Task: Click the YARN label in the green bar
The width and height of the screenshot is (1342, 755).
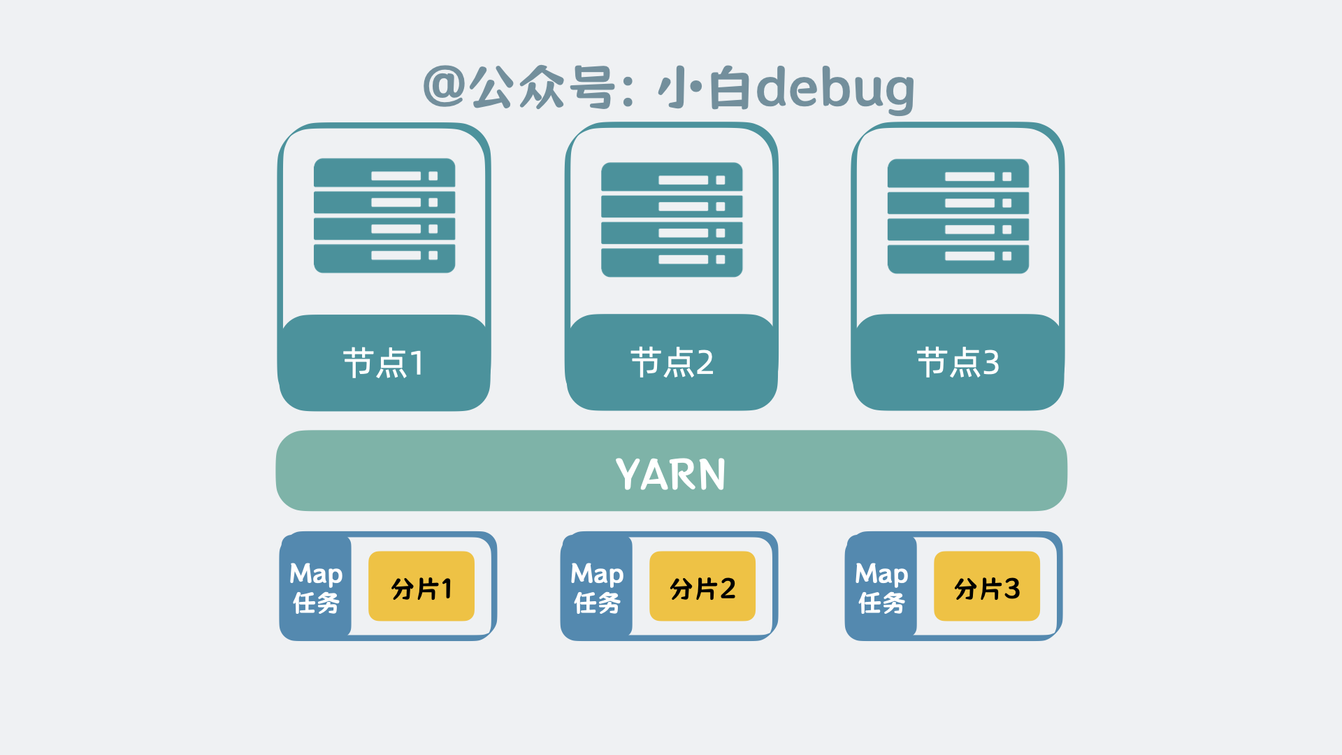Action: click(x=670, y=474)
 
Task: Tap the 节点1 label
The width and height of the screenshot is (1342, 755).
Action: click(x=383, y=363)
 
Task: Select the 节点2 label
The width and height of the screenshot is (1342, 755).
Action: click(x=672, y=363)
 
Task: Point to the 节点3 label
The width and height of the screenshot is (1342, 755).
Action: click(x=958, y=363)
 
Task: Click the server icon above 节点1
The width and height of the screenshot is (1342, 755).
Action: click(x=384, y=215)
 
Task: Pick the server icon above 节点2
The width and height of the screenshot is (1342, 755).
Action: click(x=672, y=220)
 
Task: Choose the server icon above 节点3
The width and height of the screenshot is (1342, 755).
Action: click(x=958, y=216)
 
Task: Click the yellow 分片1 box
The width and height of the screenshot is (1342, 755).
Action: click(x=421, y=587)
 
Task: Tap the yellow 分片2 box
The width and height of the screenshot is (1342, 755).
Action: click(x=702, y=587)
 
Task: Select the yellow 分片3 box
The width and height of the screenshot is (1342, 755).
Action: click(x=987, y=587)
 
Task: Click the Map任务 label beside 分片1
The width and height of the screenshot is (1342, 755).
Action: click(x=316, y=587)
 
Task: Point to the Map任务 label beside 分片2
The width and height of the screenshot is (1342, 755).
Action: click(x=597, y=587)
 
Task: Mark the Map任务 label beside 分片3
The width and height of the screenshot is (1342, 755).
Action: click(x=881, y=587)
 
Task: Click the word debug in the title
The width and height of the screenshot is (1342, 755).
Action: click(x=835, y=89)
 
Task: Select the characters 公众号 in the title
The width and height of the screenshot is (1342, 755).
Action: click(x=542, y=87)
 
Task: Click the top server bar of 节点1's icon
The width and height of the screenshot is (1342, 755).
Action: click(x=384, y=173)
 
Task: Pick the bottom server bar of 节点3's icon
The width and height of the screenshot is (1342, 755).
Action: click(x=958, y=259)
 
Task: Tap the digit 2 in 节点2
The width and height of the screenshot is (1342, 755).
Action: click(x=705, y=363)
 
